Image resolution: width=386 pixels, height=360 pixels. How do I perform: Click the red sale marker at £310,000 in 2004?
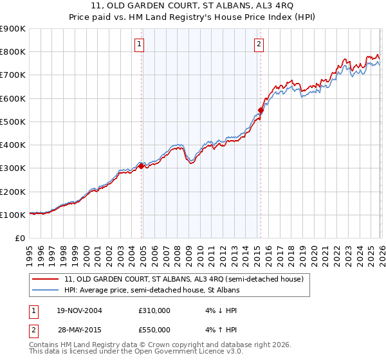[x=141, y=166]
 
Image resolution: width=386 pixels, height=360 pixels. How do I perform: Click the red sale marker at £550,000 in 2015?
[x=261, y=110]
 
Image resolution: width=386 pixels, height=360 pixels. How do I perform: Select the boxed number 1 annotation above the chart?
[x=140, y=44]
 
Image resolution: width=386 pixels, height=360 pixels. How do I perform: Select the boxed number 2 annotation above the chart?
[x=259, y=44]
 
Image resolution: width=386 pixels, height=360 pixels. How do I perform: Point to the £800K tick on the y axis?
[x=13, y=52]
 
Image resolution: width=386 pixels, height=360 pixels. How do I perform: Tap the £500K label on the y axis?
[x=13, y=122]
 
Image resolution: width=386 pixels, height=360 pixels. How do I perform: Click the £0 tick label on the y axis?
[x=19, y=239]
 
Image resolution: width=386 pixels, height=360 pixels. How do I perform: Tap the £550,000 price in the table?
[x=154, y=329]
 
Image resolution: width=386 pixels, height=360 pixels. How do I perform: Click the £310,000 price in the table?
[x=154, y=310]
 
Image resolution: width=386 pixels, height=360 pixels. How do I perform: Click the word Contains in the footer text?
[x=44, y=345]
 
